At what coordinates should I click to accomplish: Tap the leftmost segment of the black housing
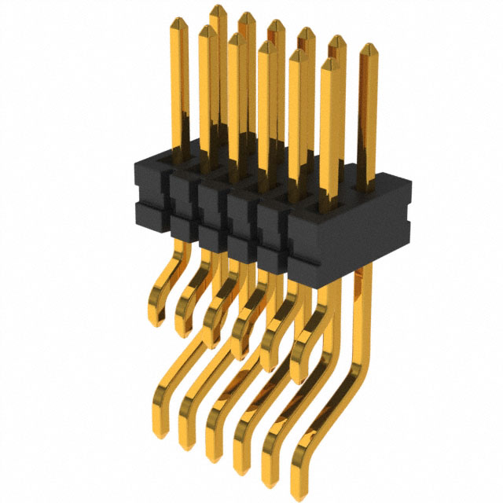tap(149, 193)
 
